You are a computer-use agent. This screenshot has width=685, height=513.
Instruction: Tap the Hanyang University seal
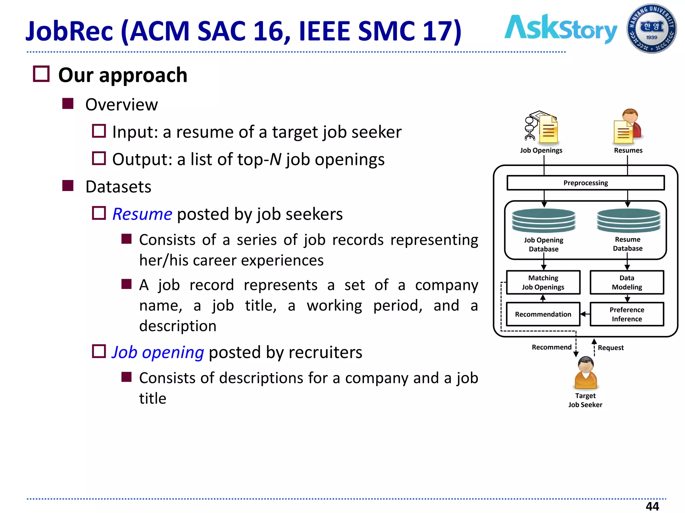click(x=651, y=29)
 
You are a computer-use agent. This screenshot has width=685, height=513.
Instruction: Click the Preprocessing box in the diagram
click(x=585, y=183)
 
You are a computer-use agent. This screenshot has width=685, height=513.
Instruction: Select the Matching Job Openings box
click(x=543, y=282)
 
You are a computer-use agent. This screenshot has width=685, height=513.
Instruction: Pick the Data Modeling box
click(x=626, y=282)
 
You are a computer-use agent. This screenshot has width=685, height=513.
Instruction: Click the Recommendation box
click(x=543, y=314)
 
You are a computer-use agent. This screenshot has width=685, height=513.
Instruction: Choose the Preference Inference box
click(x=626, y=314)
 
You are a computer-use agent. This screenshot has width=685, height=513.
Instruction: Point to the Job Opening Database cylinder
click(x=544, y=220)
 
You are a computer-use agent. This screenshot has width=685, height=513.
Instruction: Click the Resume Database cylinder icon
click(x=628, y=220)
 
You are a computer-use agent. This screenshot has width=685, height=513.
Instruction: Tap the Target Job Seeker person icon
click(x=586, y=373)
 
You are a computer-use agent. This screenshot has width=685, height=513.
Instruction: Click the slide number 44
click(x=652, y=506)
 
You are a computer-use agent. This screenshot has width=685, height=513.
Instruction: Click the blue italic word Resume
click(x=142, y=214)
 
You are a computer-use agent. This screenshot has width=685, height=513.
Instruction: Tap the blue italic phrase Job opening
click(x=158, y=352)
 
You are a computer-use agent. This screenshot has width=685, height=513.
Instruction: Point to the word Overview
click(x=121, y=105)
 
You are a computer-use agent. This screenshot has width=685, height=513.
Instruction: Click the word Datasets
click(x=118, y=187)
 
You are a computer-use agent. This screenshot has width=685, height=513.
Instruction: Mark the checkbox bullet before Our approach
click(x=41, y=74)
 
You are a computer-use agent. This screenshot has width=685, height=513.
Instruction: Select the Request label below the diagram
click(x=610, y=348)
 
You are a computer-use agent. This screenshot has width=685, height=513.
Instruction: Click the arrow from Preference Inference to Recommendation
click(x=585, y=314)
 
